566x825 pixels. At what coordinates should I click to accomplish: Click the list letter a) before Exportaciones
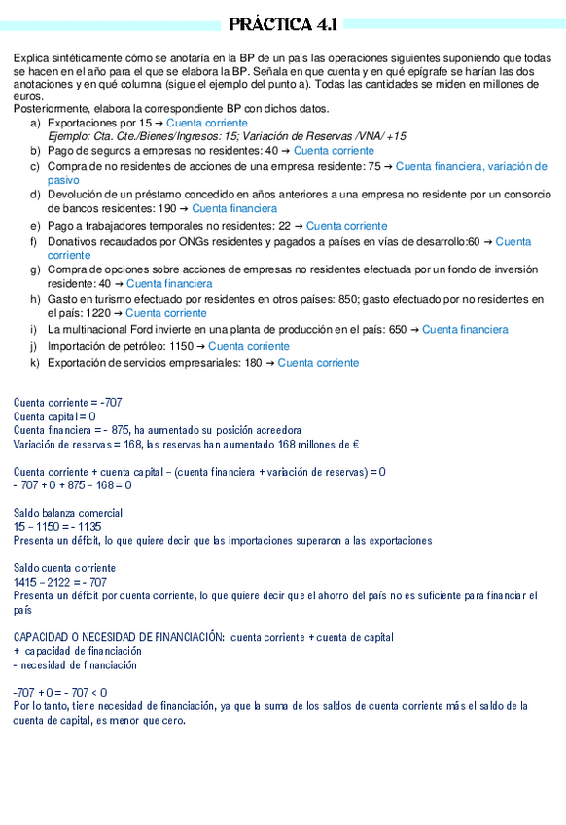pos(36,124)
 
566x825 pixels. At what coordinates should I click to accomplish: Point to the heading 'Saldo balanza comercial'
pos(68,513)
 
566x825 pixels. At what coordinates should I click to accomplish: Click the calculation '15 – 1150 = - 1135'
pos(57,526)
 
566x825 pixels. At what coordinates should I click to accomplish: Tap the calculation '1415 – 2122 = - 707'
pos(60,582)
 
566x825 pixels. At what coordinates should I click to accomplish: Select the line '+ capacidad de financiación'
pos(77,651)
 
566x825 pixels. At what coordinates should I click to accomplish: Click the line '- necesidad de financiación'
pos(75,665)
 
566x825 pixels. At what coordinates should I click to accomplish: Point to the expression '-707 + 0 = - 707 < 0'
pos(60,693)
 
